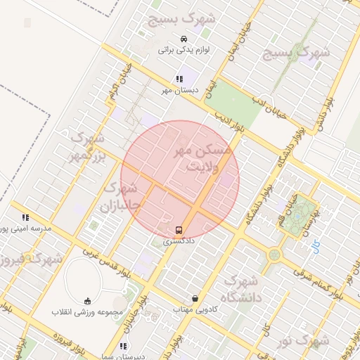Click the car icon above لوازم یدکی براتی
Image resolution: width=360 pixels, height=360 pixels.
[184, 39]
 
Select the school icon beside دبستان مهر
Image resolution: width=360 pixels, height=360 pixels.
[179, 79]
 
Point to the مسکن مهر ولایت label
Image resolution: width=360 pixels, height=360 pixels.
[205, 158]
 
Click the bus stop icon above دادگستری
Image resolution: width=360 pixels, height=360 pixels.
[179, 229]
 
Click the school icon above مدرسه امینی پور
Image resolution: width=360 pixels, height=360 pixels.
[26, 218]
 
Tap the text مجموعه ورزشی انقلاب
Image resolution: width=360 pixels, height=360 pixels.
[87, 311]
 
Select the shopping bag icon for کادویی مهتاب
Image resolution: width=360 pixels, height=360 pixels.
[195, 298]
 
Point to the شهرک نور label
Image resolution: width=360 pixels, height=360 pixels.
[302, 341]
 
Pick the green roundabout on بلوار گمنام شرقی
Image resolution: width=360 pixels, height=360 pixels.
[274, 255]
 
